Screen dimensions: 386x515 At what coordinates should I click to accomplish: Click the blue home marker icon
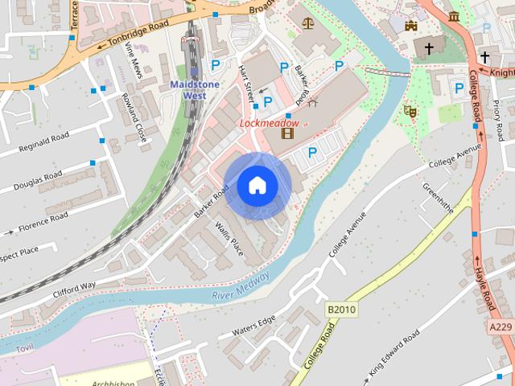tap(257, 186)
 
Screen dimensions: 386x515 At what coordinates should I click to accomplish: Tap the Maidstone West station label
tap(187, 90)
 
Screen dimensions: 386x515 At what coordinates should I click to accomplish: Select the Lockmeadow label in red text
tap(270, 123)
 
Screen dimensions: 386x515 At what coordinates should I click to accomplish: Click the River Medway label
tap(241, 285)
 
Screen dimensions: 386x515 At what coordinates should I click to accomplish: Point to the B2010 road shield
tap(341, 309)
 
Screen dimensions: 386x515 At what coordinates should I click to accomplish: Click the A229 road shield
tap(500, 326)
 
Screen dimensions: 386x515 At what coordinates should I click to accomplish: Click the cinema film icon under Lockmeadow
tap(287, 133)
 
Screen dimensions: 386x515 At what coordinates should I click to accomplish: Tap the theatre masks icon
tap(410, 111)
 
